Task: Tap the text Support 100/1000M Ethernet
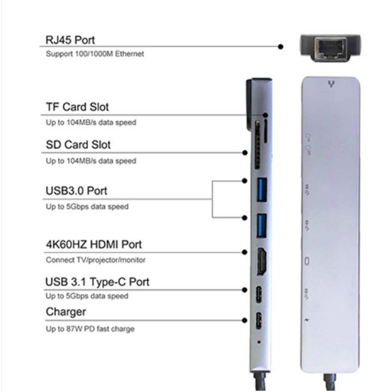coord(95,54)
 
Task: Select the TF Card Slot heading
coord(77,107)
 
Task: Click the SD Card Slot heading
coord(78,144)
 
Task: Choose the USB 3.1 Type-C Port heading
coord(97,282)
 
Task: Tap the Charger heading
coord(66,312)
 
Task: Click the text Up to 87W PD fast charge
coord(90,329)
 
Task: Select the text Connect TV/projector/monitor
coord(96,260)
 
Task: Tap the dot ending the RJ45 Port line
coord(281,46)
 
